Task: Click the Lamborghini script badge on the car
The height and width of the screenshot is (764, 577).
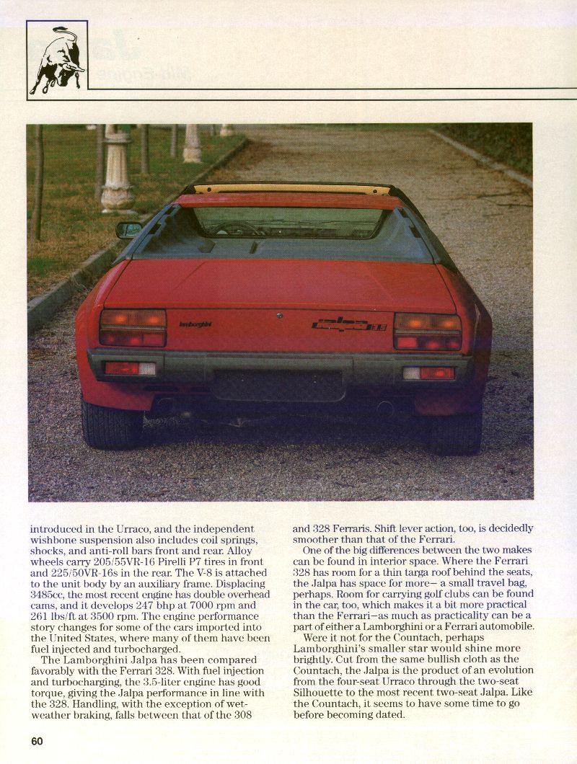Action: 195,324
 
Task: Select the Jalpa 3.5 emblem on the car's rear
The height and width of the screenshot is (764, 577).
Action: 350,325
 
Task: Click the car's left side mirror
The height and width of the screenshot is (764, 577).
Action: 129,229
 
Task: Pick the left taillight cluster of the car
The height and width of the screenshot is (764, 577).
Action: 133,328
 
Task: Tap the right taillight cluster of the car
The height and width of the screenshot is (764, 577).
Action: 428,332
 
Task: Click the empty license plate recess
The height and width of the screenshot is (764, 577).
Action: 280,386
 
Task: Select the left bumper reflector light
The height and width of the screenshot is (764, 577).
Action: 131,368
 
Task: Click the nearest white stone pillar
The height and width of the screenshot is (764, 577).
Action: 117,173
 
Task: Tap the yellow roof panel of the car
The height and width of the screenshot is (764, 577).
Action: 291,190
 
